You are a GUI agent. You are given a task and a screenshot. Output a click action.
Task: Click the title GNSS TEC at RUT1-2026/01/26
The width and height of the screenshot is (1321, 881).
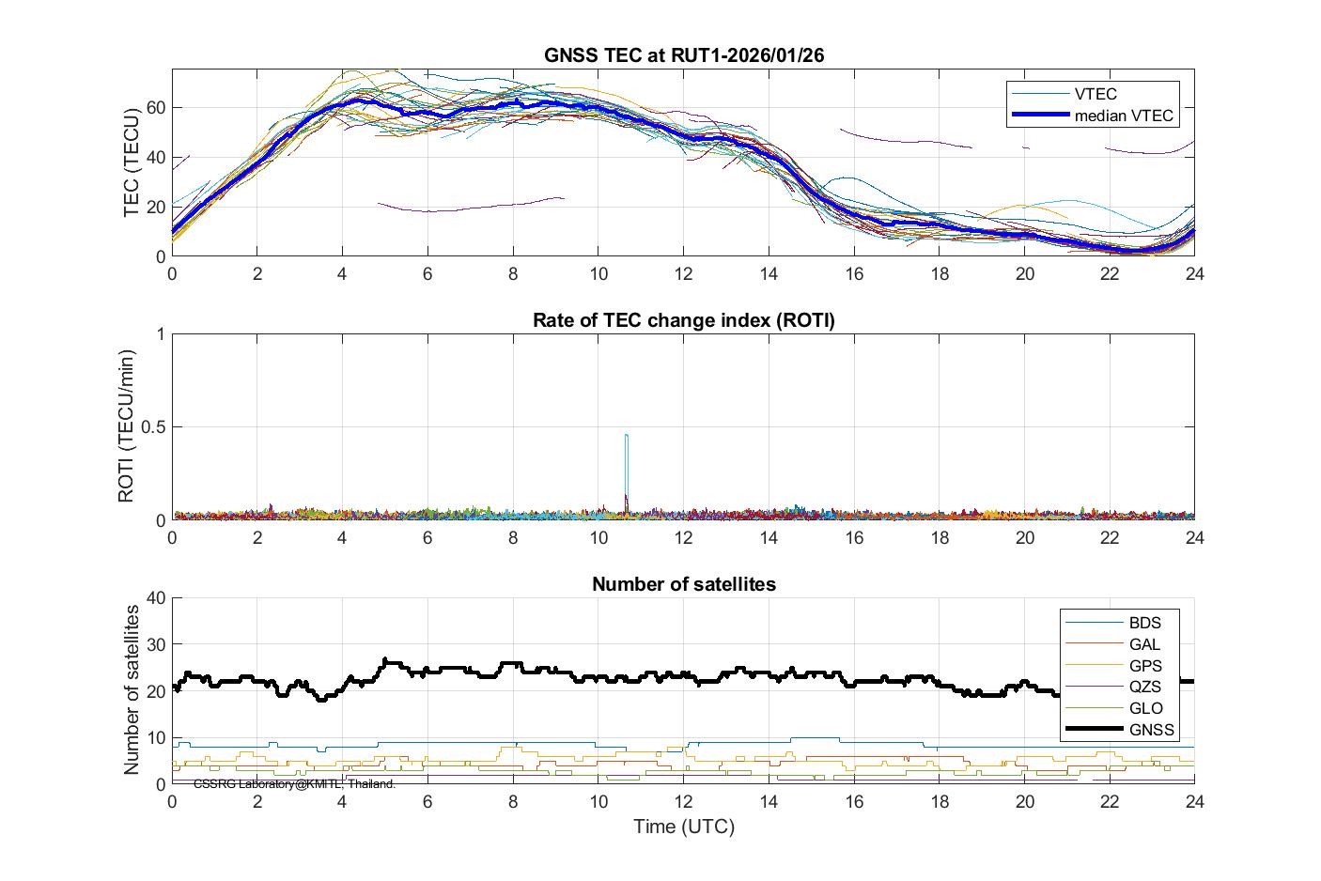click(683, 55)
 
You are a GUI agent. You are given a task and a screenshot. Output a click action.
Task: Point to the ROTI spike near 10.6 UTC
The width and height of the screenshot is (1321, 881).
click(626, 436)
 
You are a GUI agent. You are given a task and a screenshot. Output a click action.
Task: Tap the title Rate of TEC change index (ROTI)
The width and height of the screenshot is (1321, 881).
click(683, 319)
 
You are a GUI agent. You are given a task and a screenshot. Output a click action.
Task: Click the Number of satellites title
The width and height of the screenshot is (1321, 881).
click(683, 584)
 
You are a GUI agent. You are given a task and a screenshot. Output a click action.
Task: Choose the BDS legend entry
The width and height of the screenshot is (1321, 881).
click(1144, 623)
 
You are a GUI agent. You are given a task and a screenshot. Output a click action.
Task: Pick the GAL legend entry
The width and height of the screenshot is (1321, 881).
click(1144, 644)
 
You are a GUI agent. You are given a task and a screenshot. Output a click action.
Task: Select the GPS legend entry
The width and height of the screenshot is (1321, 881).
click(1144, 666)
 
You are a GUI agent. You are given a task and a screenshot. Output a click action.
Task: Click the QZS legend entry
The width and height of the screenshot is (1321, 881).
click(1144, 687)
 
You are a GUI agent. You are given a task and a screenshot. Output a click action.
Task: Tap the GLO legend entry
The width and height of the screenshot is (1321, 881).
click(1144, 708)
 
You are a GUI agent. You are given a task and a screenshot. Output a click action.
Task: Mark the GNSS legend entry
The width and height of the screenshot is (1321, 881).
click(1151, 730)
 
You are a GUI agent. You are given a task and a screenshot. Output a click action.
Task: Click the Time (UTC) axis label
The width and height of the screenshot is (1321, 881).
click(683, 827)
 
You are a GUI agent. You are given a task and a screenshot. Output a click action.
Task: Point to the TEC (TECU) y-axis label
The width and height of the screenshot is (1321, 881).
click(132, 162)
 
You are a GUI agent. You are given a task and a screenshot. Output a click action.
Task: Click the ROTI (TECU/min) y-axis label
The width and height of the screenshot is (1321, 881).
click(126, 425)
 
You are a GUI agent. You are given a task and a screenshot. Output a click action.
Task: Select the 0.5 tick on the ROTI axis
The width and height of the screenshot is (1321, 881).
click(152, 427)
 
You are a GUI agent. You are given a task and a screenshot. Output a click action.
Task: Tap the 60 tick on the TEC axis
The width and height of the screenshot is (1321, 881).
click(155, 107)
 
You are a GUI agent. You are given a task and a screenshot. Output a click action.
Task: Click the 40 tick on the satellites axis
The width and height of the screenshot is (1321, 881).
click(155, 598)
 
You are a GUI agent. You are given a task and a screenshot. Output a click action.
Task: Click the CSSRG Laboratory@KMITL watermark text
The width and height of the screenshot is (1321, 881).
click(294, 783)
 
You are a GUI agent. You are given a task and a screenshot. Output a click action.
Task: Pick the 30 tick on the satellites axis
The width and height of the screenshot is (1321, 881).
click(155, 644)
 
